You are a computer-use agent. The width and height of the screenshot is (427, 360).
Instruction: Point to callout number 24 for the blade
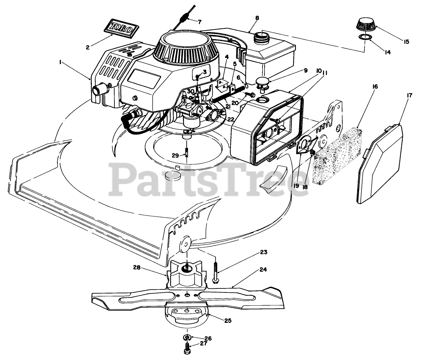[x=263, y=269]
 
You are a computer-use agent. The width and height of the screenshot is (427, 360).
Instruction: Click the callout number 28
[x=136, y=267]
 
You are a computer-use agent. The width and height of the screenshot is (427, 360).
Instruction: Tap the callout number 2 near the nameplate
[x=87, y=48]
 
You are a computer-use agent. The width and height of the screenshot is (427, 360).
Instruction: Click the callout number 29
[x=175, y=155]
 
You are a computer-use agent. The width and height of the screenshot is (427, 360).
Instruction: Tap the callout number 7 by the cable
[x=199, y=22]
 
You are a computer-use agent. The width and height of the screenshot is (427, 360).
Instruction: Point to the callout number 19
[x=296, y=185]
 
